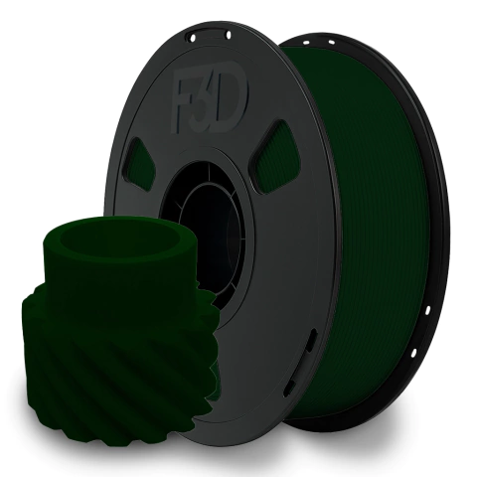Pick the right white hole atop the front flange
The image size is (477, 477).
[229, 35]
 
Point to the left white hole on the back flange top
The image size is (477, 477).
[305, 43]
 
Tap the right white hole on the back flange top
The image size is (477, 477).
[331, 42]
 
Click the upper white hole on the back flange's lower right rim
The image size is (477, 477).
[427, 310]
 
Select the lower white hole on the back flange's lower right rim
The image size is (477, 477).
[414, 353]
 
